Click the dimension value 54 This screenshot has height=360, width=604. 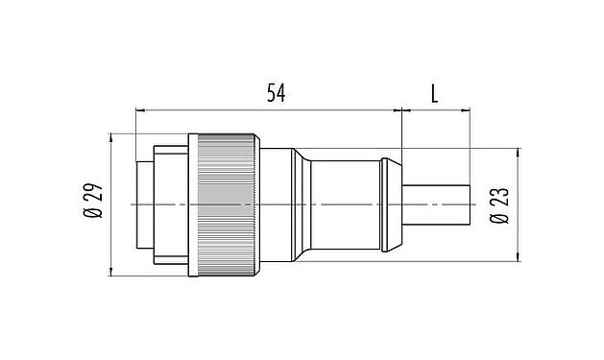click(276, 93)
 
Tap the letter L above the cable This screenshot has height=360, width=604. click(434, 93)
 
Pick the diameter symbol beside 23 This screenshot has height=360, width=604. click(499, 220)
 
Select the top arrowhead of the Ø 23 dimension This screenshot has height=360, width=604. click(519, 151)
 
